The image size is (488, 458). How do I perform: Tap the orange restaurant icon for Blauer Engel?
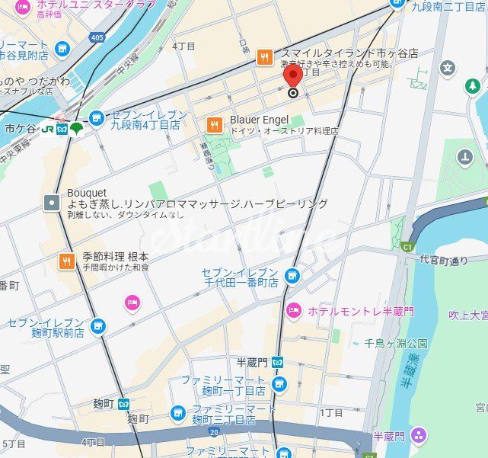point(215,124)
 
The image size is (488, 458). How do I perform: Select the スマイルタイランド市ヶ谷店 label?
point(349,53)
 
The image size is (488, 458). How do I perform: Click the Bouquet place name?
point(87,192)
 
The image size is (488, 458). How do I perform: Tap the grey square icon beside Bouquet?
point(51,202)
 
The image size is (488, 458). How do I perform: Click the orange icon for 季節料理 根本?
point(66,261)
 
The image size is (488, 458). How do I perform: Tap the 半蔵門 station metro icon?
point(279,362)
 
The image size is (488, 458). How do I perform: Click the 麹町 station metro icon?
point(123,404)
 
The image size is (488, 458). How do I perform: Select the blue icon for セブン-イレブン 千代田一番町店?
point(292,276)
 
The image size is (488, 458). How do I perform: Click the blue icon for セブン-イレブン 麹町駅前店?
point(97,327)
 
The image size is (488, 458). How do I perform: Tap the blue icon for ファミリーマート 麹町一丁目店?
point(279,384)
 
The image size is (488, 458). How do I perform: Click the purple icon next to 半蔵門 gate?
point(418,436)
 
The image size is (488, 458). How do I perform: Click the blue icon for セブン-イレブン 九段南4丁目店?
point(96,118)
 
